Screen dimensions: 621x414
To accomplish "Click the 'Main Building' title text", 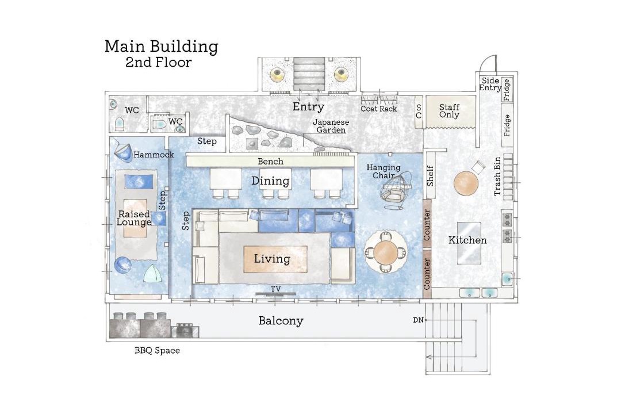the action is tap(162, 47).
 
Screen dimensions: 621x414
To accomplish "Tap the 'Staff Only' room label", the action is tap(449, 111).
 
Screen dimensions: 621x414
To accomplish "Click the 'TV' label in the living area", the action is tap(275, 289).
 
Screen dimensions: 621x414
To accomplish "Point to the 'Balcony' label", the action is tap(281, 321).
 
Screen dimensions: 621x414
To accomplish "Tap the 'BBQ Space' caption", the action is tap(157, 351).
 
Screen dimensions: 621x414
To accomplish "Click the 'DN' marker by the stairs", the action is tap(418, 320).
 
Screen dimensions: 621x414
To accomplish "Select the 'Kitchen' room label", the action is tap(467, 240).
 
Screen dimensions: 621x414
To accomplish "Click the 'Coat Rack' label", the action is tap(378, 109).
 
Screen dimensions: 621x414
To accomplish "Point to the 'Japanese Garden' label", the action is tap(331, 126).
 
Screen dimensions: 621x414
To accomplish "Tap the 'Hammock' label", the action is tap(154, 155).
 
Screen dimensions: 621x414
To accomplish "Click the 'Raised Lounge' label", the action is tap(134, 218).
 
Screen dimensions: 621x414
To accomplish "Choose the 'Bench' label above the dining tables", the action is tap(270, 162).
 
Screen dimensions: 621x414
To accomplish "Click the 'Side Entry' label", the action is tap(490, 84).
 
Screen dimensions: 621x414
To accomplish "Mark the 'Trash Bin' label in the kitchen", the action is tap(497, 177).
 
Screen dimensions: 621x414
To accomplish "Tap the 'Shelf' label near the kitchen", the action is tap(430, 176).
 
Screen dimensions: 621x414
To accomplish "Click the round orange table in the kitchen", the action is tap(466, 183).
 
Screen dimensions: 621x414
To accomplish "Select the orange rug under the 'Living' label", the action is tap(275, 259).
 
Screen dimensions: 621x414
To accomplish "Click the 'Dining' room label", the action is tap(270, 182).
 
